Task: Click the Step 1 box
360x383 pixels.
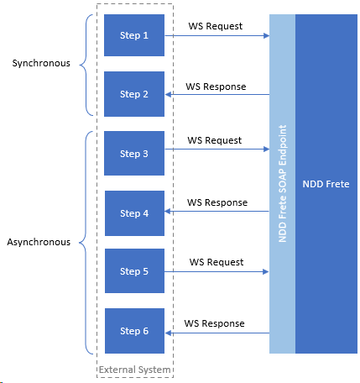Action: [133, 36]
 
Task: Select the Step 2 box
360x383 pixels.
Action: [133, 95]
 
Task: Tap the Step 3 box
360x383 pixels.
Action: [133, 154]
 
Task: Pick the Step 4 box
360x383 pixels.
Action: [133, 213]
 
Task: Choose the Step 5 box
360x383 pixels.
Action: [133, 271]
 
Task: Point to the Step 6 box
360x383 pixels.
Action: [133, 331]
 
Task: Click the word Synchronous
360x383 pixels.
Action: [43, 63]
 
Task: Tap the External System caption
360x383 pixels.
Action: [134, 370]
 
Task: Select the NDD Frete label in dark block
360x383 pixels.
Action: [326, 184]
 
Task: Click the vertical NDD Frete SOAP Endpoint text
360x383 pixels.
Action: [283, 184]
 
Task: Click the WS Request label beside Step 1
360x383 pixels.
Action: [215, 26]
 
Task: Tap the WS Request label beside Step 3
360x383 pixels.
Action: [215, 140]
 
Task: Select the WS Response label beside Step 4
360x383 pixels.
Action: [217, 202]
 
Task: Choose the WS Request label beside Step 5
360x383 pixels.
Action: [215, 262]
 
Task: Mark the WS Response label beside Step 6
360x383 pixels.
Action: [216, 323]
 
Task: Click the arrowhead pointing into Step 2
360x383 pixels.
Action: [169, 95]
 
